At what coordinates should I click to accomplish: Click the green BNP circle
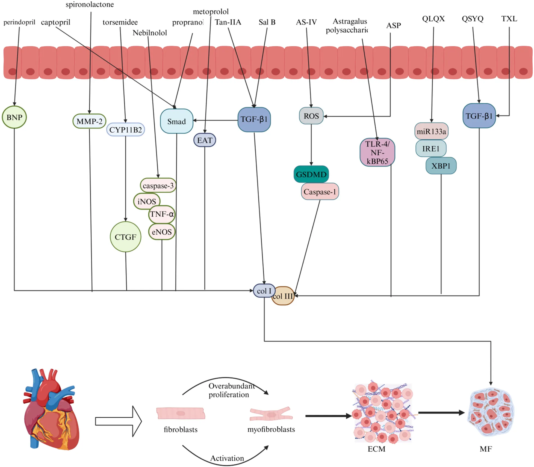(x=14, y=117)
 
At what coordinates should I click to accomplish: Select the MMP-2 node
(x=89, y=121)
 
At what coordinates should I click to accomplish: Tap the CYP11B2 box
(x=125, y=130)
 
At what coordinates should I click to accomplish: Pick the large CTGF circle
(x=125, y=237)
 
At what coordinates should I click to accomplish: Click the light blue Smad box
(x=176, y=121)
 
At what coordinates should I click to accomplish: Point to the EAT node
(x=205, y=140)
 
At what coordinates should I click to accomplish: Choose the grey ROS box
(x=311, y=116)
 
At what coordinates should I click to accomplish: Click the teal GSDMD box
(x=311, y=174)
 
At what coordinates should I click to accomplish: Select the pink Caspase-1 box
(x=320, y=191)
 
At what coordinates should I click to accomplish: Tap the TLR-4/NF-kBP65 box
(x=377, y=152)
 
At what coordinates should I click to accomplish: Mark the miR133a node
(x=431, y=131)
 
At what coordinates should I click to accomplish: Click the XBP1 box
(x=441, y=166)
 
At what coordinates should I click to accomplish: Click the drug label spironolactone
(x=90, y=4)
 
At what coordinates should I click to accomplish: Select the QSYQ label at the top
(x=472, y=19)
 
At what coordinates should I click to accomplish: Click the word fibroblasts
(x=180, y=430)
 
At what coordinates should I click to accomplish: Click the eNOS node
(x=162, y=232)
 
